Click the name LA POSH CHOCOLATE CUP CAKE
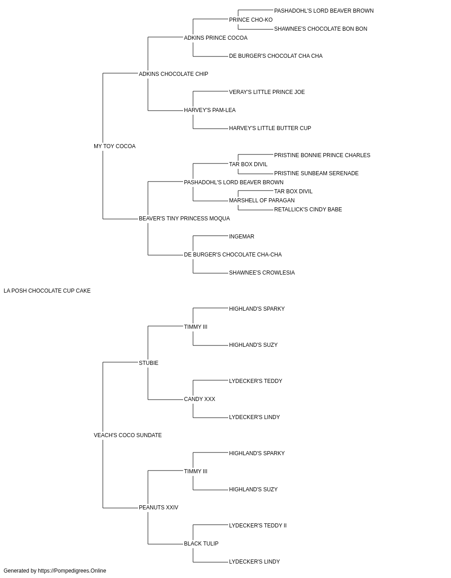47,291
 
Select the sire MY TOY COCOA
115,146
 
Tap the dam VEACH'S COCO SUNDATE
128,435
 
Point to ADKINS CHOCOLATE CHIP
174,74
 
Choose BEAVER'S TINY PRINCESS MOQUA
184,219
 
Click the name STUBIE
148,363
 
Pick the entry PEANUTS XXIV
159,508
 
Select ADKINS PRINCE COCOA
216,38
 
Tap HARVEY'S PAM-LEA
210,110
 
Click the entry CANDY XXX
199,399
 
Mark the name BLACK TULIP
201,544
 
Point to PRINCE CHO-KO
251,20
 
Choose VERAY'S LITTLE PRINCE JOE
267,92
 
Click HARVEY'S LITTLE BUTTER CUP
270,128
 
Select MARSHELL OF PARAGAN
262,200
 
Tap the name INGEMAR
242,237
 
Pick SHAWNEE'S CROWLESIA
262,273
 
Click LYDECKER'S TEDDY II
258,526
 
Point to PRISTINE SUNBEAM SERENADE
316,173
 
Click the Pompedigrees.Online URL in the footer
72,571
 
